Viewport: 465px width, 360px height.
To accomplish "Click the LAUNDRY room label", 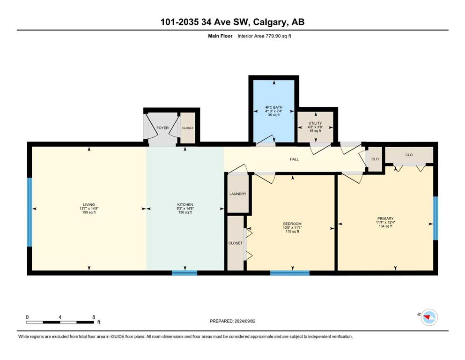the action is (x=238, y=194).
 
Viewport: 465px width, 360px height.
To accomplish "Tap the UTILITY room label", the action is (x=315, y=123).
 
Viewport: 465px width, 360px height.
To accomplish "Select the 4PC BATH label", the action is (x=274, y=107).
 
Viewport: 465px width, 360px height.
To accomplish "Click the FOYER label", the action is (x=162, y=128).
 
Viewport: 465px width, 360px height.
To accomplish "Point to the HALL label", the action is (x=294, y=159).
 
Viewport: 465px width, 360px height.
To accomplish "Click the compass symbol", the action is (x=429, y=317).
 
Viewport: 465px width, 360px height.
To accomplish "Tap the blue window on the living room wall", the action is (x=30, y=212).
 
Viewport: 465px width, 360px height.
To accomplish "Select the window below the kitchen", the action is (x=185, y=273).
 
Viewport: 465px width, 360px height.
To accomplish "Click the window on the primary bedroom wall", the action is (x=435, y=218).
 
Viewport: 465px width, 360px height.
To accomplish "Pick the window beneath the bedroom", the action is (x=290, y=273).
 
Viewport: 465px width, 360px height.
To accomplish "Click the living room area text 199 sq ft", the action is (x=89, y=212).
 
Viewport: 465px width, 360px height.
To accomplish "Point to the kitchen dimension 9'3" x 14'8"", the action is (x=185, y=208).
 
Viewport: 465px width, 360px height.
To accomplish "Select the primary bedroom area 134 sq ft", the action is (x=385, y=226).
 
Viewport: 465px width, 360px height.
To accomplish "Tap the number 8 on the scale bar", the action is (x=94, y=317).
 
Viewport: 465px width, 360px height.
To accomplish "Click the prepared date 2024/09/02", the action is (x=245, y=321).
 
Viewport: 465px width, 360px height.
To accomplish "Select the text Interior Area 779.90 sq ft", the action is (x=264, y=36).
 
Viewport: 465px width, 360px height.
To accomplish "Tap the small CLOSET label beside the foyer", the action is (x=188, y=128).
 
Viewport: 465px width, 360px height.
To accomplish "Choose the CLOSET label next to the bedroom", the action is (x=236, y=243).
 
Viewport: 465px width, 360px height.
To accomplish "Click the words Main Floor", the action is (x=221, y=36).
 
